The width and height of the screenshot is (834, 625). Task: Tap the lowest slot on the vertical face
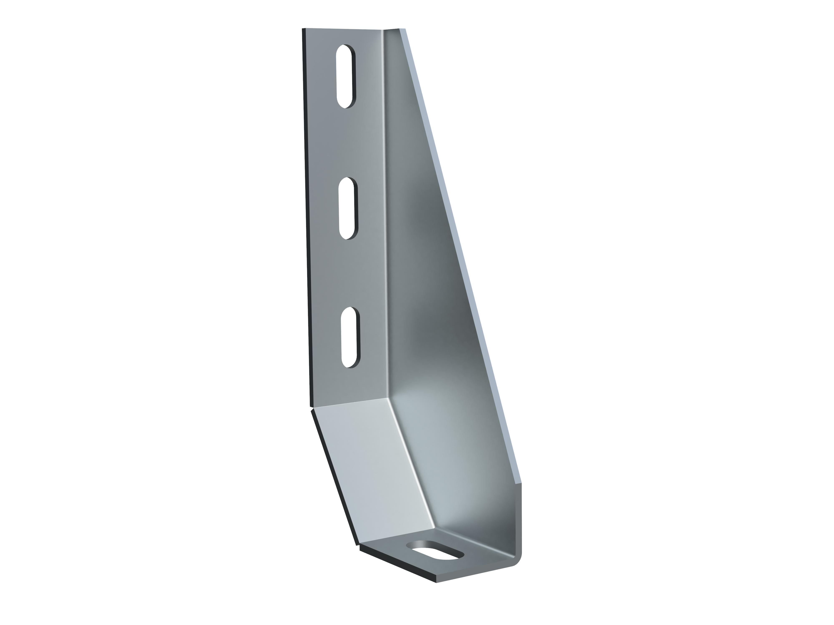coord(350,337)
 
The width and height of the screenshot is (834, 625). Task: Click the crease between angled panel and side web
coord(415,467)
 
